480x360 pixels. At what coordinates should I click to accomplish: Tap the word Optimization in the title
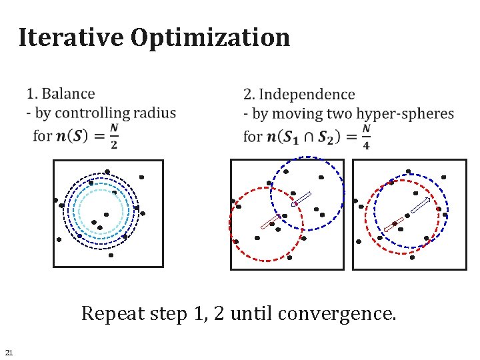point(211,37)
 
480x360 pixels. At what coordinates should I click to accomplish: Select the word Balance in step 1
point(68,94)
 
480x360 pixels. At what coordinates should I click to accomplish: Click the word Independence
point(307,95)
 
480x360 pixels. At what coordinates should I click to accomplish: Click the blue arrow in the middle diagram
point(303,199)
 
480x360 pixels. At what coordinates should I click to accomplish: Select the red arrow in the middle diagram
point(269,223)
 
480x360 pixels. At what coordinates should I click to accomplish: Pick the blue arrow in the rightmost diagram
point(420,205)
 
